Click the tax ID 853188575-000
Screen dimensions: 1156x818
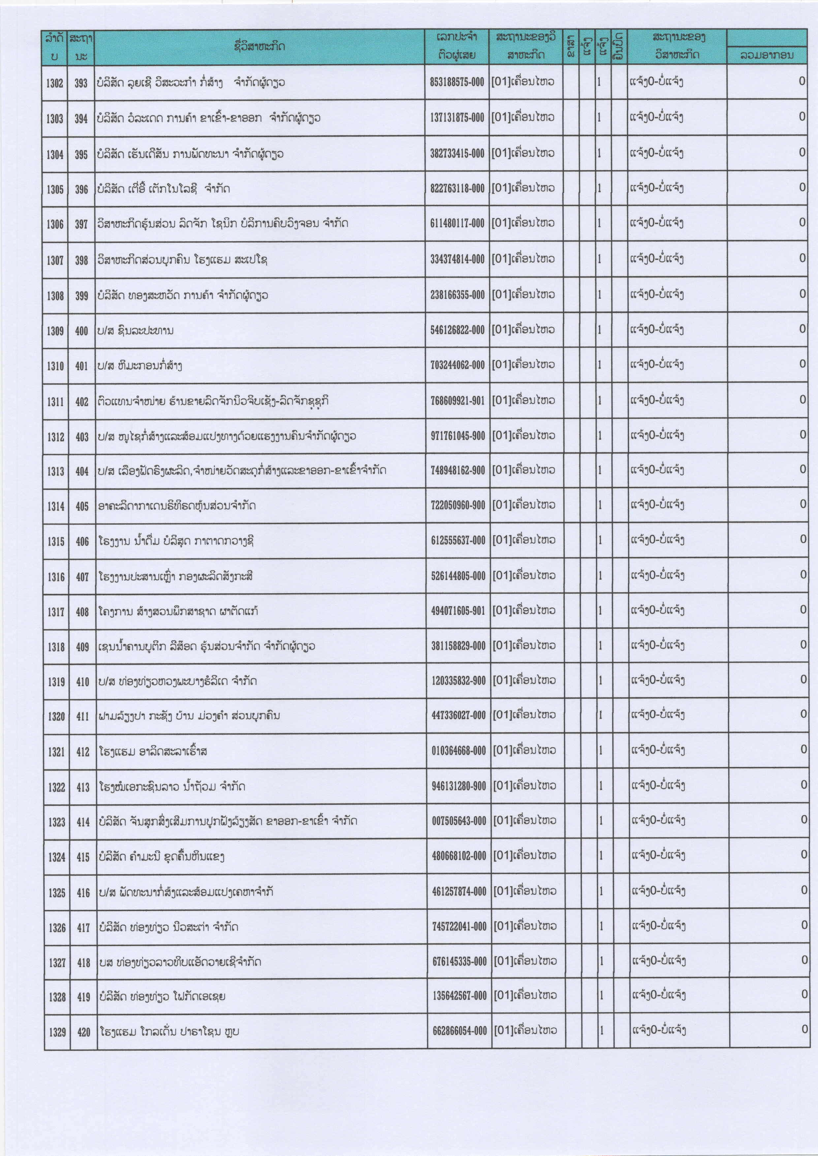tap(456, 82)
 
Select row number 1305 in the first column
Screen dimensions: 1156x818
tap(55, 189)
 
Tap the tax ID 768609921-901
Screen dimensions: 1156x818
tap(457, 401)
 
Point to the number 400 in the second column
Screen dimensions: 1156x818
tap(81, 331)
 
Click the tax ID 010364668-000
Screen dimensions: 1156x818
tap(458, 751)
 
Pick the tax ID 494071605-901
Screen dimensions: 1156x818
tap(458, 611)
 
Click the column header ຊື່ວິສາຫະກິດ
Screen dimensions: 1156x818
tap(259, 47)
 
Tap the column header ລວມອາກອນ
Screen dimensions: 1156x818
tap(767, 55)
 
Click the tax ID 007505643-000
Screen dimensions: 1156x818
tap(459, 821)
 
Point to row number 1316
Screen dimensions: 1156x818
tap(56, 577)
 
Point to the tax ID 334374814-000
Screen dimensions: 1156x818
tap(457, 259)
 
